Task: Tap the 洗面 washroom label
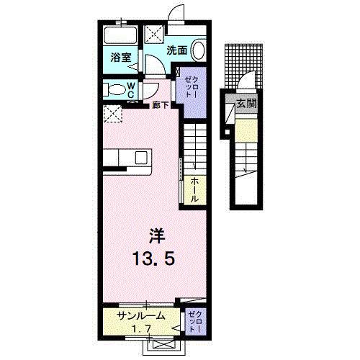tap(177, 50)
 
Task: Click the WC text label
tap(132, 91)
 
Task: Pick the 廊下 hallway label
tap(161, 106)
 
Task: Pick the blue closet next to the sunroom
tap(195, 321)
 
